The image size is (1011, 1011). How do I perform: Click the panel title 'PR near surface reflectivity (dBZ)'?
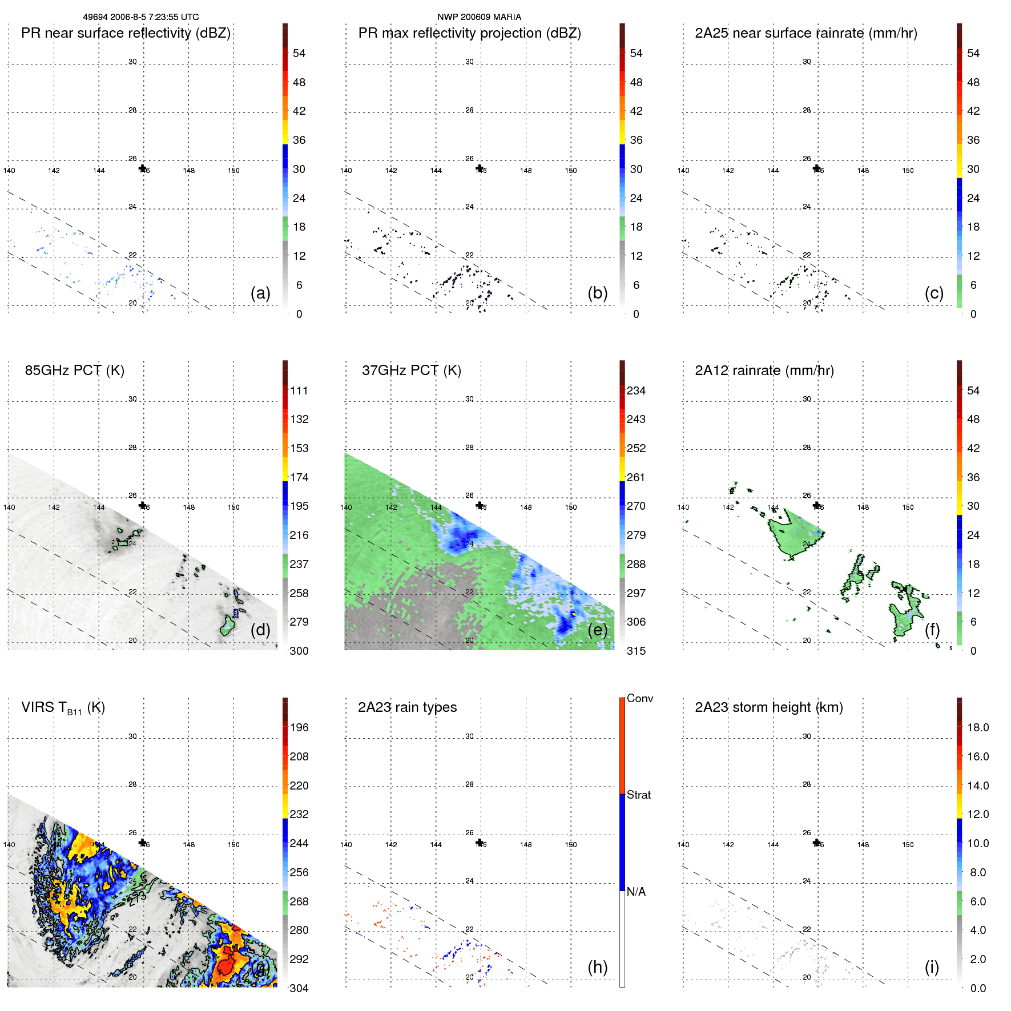[x=126, y=33]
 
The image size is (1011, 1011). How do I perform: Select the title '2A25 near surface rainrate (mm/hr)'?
[x=805, y=33]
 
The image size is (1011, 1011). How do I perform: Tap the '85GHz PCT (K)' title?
[x=74, y=370]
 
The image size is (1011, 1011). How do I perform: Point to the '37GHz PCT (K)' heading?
[x=411, y=370]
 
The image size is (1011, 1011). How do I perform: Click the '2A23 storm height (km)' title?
[x=768, y=707]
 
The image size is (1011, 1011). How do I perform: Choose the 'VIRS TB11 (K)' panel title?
[x=63, y=708]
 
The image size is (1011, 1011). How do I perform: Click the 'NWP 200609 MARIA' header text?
[x=479, y=17]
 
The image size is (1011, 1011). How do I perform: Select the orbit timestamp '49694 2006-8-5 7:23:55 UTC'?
[x=141, y=17]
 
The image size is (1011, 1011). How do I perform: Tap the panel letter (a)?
[x=260, y=293]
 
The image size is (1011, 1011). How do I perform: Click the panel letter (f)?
[x=932, y=630]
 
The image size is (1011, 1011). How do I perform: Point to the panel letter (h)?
[x=597, y=966]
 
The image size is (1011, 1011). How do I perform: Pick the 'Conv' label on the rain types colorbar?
[x=639, y=698]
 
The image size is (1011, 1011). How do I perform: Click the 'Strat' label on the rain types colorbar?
[x=638, y=795]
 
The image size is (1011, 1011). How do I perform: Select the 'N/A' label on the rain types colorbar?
[x=636, y=892]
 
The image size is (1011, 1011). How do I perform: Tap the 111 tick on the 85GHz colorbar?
[x=299, y=390]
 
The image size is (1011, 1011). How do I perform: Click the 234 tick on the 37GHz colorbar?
[x=636, y=390]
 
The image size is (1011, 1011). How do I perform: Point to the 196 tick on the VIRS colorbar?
[x=299, y=727]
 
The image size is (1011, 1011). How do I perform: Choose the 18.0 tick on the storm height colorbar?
[x=978, y=727]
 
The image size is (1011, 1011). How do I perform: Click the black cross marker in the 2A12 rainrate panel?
[x=817, y=505]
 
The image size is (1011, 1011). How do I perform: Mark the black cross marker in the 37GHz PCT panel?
[x=480, y=505]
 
